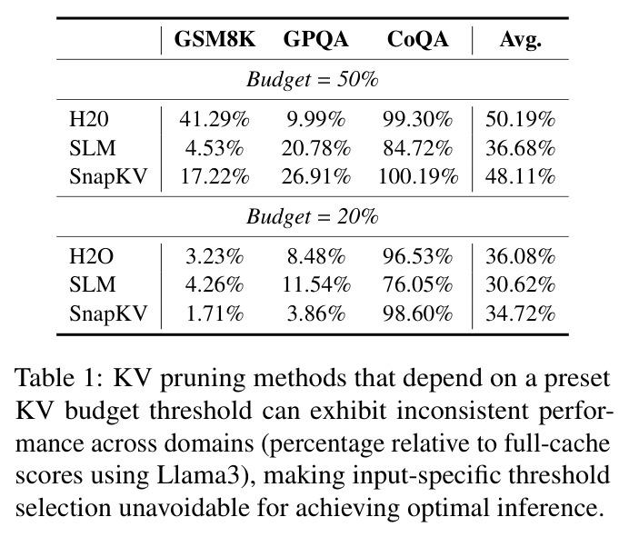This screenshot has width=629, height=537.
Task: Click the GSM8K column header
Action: click(x=215, y=39)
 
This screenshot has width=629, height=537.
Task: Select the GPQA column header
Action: click(x=315, y=40)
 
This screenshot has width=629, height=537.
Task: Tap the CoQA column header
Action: click(x=417, y=39)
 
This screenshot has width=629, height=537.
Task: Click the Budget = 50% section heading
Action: click(x=312, y=79)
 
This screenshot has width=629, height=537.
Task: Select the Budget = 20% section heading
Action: click(x=312, y=216)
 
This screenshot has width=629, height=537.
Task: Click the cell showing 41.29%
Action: click(x=215, y=119)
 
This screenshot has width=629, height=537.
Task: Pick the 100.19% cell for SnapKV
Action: click(x=418, y=176)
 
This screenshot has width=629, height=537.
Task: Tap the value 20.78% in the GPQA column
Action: click(x=315, y=148)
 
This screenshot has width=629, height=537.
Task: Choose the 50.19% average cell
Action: click(x=520, y=119)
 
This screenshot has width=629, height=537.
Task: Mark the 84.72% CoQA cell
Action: click(x=417, y=148)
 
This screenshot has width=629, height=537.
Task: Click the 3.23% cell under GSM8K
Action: click(x=215, y=256)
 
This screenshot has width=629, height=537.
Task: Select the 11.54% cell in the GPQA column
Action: click(x=316, y=284)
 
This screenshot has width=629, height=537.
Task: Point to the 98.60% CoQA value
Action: click(x=417, y=313)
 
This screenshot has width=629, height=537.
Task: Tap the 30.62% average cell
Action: click(x=520, y=284)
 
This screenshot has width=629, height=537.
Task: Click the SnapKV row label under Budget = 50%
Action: click(x=108, y=177)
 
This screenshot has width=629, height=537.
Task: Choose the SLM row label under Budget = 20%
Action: click(x=93, y=284)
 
